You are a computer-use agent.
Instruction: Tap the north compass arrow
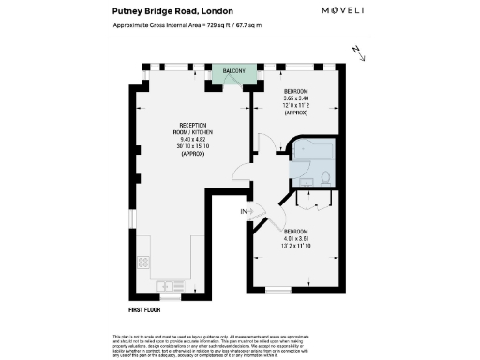(x=355, y=50)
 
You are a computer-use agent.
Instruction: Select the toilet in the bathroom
(x=324, y=175)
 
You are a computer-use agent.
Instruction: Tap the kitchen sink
(x=172, y=284)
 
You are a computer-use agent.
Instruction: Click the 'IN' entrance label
(x=244, y=212)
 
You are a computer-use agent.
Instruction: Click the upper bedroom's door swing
(x=267, y=143)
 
